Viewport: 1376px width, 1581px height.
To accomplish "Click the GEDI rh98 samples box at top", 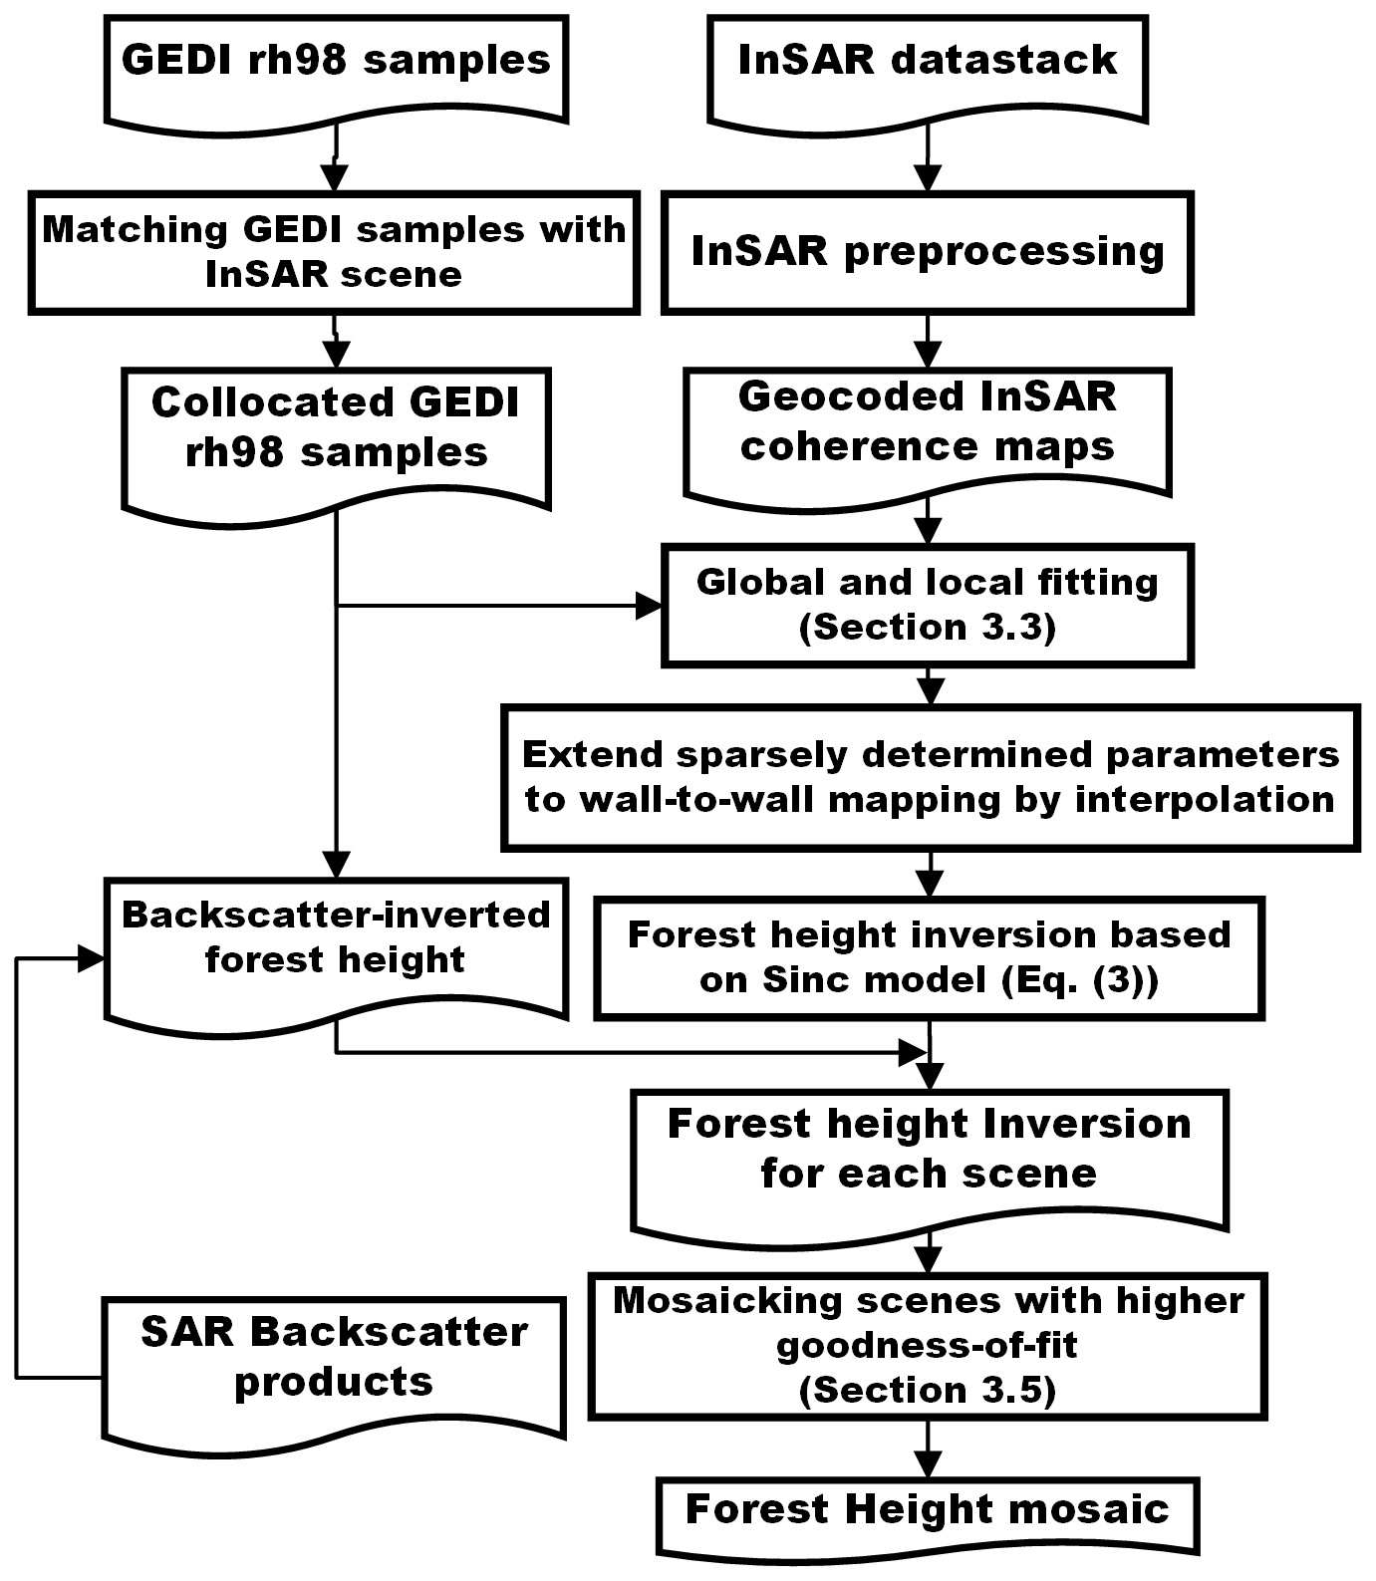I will pyautogui.click(x=336, y=65).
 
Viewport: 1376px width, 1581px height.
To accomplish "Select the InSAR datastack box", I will pyautogui.click(x=928, y=65).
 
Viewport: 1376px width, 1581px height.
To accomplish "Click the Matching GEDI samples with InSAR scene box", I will pyautogui.click(x=334, y=253).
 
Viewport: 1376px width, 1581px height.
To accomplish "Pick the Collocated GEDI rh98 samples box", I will pyautogui.click(x=336, y=433).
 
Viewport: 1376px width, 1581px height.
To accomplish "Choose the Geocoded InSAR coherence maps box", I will pyautogui.click(x=928, y=426).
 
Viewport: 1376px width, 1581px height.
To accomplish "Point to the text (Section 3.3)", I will pyautogui.click(x=928, y=628).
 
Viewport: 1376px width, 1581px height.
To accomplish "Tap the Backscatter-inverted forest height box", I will pyautogui.click(x=336, y=941).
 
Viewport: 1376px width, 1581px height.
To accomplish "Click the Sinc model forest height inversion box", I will pyautogui.click(x=929, y=957).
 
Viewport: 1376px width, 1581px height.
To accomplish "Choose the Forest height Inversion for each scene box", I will pyautogui.click(x=929, y=1151).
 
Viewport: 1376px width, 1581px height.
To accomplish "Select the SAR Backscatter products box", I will pyautogui.click(x=334, y=1360).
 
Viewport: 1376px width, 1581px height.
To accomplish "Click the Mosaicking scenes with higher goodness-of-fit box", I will pyautogui.click(x=928, y=1345).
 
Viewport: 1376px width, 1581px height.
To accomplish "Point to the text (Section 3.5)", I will pyautogui.click(x=928, y=1391).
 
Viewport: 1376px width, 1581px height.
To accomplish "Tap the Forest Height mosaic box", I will pyautogui.click(x=928, y=1510).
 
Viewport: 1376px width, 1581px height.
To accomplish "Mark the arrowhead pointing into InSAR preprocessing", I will pyautogui.click(x=928, y=180).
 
